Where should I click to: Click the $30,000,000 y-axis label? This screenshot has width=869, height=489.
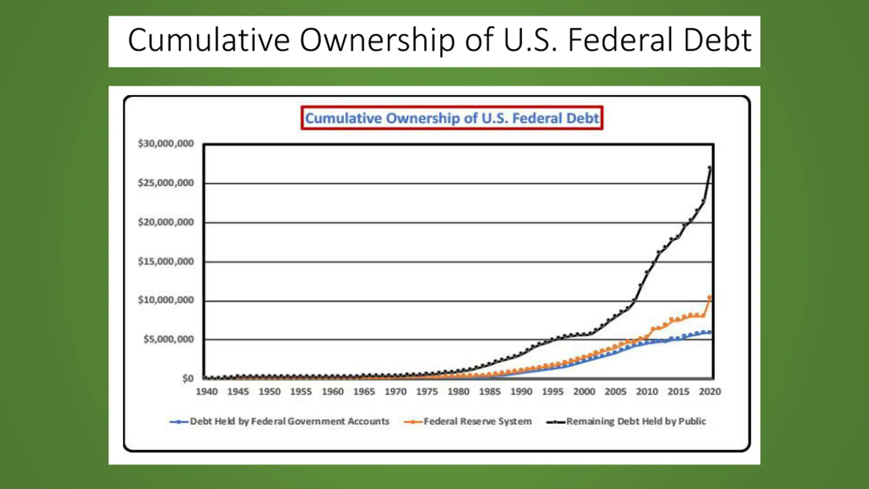(x=166, y=144)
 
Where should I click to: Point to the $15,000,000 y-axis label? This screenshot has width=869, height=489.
(x=166, y=261)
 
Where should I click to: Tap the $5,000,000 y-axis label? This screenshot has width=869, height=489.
(x=168, y=339)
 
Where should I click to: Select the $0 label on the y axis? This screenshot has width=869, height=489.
(x=188, y=378)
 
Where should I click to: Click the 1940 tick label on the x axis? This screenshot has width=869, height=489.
(x=207, y=392)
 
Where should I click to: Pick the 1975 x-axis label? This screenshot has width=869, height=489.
(x=427, y=392)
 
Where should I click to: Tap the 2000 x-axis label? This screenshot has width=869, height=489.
(x=584, y=392)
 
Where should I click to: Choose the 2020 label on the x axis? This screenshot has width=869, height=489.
(x=710, y=392)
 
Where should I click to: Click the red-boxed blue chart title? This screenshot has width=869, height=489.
(x=452, y=118)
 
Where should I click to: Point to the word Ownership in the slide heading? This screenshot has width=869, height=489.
(x=377, y=41)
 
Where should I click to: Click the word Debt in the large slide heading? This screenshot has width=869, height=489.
(x=717, y=41)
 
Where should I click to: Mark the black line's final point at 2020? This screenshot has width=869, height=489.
(x=709, y=168)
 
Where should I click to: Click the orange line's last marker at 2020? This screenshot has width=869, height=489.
(x=709, y=298)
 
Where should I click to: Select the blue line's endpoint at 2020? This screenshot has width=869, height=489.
(x=709, y=332)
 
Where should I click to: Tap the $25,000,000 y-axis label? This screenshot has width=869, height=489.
(x=166, y=183)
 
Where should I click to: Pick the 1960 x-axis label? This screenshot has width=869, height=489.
(x=333, y=392)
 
